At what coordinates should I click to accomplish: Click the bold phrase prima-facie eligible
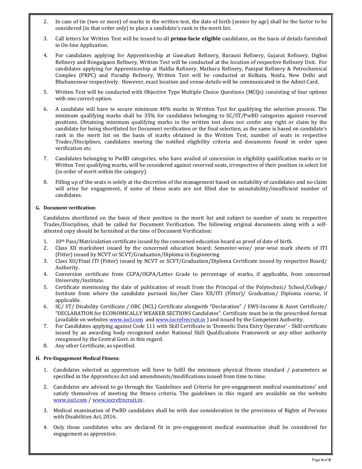click(195, 39)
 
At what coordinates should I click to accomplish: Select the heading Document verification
click(70, 208)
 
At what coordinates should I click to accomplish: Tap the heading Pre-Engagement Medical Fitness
click(81, 358)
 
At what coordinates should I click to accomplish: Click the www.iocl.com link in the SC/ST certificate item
click(126, 320)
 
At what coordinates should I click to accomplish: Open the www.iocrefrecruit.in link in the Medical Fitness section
click(117, 400)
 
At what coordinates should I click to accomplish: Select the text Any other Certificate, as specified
click(95, 346)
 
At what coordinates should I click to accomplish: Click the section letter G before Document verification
click(37, 208)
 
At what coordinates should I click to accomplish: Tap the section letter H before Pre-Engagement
click(37, 358)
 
